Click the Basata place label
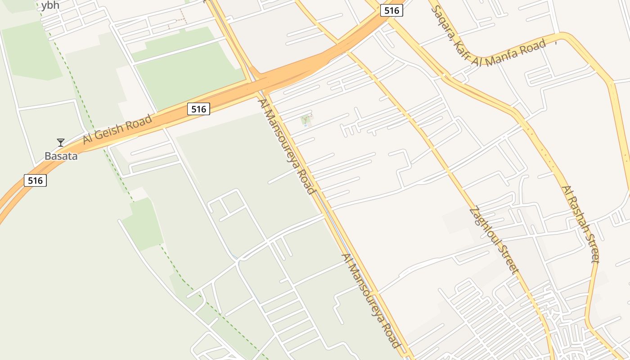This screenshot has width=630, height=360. pos(61,156)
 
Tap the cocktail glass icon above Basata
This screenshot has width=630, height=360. pos(61,143)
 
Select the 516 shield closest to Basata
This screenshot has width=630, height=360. pos(35,180)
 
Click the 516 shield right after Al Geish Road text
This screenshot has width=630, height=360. pos(198,109)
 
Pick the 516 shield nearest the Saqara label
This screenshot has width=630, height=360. pos(391,11)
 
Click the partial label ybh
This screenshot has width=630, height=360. pos(50,5)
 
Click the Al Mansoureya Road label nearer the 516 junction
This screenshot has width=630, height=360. pos(287,146)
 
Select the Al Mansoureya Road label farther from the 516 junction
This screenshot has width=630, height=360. pos(371,301)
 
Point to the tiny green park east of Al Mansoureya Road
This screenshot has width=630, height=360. pos(306,120)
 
